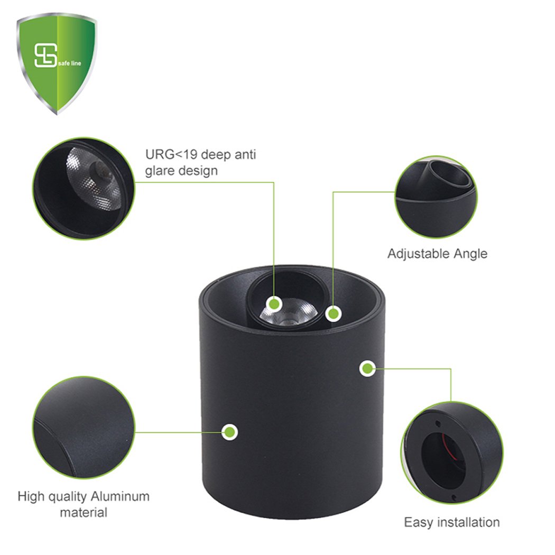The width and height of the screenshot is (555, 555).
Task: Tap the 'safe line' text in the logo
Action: pyautogui.click(x=69, y=63)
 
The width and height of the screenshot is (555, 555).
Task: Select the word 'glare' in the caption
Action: pyautogui.click(x=161, y=171)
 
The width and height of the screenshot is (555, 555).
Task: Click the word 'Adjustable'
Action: pyautogui.click(x=419, y=254)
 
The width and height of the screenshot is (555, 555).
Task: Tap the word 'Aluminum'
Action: pyautogui.click(x=121, y=496)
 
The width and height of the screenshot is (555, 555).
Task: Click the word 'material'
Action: pyautogui.click(x=84, y=513)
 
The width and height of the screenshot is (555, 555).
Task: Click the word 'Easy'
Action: pyautogui.click(x=419, y=523)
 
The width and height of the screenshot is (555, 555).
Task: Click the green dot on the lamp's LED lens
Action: pyautogui.click(x=274, y=304)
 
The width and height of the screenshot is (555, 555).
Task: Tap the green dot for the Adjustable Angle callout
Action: pyautogui.click(x=333, y=313)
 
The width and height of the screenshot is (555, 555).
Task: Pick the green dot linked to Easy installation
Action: pyautogui.click(x=367, y=369)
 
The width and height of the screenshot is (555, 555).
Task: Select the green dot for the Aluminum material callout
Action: pyautogui.click(x=230, y=432)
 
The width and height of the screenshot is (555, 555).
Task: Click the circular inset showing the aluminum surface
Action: pyautogui.click(x=84, y=427)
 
